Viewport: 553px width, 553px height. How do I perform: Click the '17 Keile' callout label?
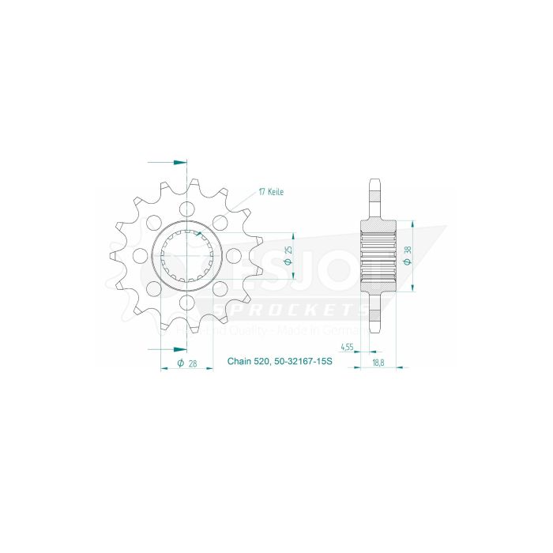click(271, 192)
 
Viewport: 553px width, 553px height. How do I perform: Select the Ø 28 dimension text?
click(187, 363)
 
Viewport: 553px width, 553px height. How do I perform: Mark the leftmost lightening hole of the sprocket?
click(141, 255)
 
